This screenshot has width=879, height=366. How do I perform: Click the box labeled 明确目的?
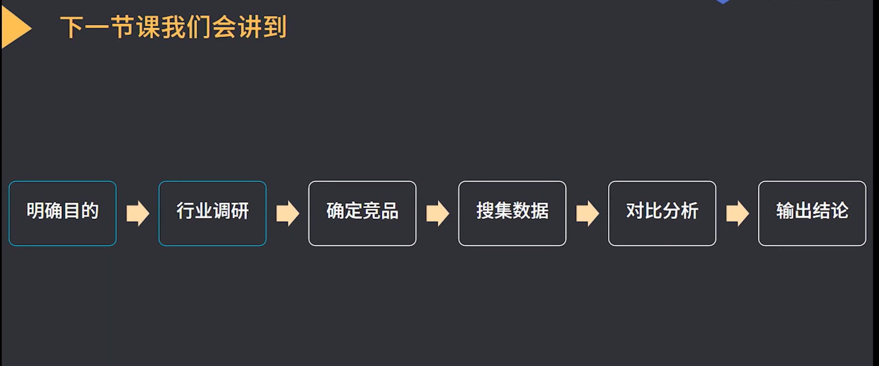point(62,213)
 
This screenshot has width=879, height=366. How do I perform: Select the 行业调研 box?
point(212,213)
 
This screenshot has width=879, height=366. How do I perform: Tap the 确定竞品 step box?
point(362,213)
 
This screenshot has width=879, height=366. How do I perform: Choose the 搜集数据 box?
point(512,213)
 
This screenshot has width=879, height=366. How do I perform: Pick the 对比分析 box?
point(662,213)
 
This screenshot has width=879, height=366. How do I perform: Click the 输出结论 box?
point(812,213)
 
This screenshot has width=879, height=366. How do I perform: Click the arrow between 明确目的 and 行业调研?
point(138,213)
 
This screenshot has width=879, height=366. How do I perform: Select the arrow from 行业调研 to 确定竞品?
point(288,213)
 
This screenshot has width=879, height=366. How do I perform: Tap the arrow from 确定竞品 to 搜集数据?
point(438,213)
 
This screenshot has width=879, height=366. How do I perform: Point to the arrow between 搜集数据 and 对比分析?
point(588,213)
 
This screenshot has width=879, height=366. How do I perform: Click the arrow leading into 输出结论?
point(738,213)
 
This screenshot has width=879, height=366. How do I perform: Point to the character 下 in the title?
point(72,27)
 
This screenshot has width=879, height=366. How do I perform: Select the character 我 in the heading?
point(174,27)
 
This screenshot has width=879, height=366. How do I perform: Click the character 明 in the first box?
point(35,211)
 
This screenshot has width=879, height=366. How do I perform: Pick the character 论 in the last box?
point(839,211)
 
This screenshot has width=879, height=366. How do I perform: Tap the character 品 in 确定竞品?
point(390,211)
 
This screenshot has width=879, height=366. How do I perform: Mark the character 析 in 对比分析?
point(689,211)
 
